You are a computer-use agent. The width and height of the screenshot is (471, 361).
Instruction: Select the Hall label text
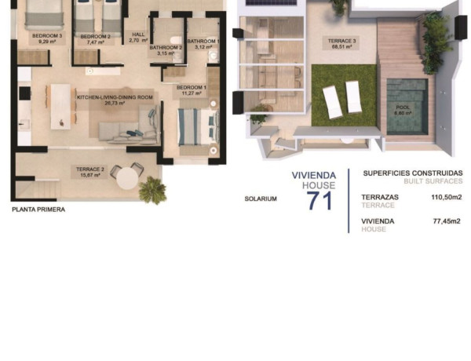point(138,38)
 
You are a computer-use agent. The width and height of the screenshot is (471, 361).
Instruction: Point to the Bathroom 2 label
point(166,50)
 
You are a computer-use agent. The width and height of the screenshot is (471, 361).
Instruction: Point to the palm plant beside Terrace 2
point(153,189)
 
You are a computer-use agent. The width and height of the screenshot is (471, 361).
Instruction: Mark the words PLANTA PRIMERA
point(38,210)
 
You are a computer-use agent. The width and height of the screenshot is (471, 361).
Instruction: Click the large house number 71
point(319,201)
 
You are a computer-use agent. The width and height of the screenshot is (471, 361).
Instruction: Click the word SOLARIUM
point(261,199)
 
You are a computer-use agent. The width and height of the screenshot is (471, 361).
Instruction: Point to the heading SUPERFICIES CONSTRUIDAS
point(413,173)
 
